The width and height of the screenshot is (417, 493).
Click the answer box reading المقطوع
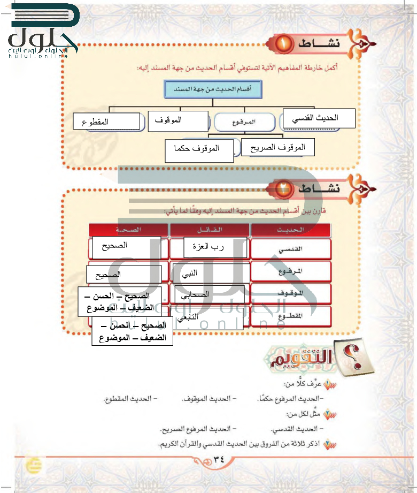pyautogui.click(x=106, y=122)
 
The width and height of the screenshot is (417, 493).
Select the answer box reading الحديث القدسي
pyautogui.click(x=319, y=118)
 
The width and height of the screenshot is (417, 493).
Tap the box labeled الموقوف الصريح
pyautogui.click(x=277, y=147)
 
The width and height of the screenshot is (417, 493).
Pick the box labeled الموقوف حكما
pyautogui.click(x=199, y=150)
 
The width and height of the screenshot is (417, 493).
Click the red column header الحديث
pyautogui.click(x=291, y=230)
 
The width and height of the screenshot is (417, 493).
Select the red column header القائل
pyautogui.click(x=209, y=230)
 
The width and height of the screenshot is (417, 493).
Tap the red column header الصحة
pyautogui.click(x=128, y=230)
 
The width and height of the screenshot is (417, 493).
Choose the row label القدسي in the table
pyautogui.click(x=291, y=249)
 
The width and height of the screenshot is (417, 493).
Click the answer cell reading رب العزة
pyautogui.click(x=215, y=247)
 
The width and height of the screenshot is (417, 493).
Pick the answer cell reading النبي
pyautogui.click(x=211, y=273)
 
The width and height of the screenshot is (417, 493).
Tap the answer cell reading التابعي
pyautogui.click(x=206, y=319)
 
